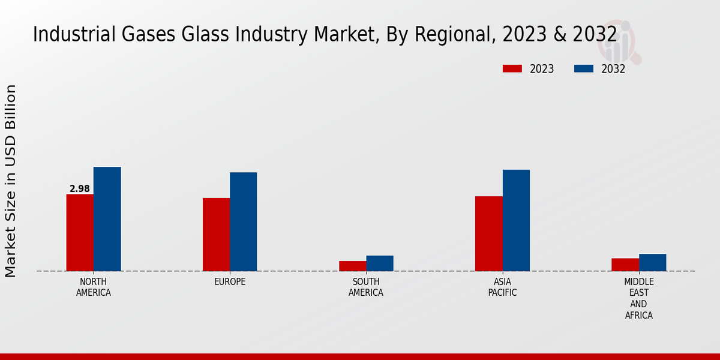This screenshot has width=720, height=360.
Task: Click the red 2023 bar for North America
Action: pyautogui.click(x=80, y=233)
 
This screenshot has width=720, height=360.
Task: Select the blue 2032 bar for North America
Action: pyautogui.click(x=107, y=219)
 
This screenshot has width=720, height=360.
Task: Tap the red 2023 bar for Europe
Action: pyautogui.click(x=216, y=235)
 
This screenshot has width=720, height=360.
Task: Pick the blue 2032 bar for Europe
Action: pyautogui.click(x=243, y=221)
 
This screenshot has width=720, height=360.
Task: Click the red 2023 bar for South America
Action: pyautogui.click(x=352, y=266)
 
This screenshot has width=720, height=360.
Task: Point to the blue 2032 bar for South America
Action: pyautogui.click(x=380, y=263)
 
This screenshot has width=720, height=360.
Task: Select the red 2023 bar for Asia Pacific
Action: pyautogui.click(x=488, y=233)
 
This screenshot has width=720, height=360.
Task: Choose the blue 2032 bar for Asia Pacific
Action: pyautogui.click(x=516, y=220)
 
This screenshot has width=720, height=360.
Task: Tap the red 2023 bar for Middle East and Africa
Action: pyautogui.click(x=625, y=265)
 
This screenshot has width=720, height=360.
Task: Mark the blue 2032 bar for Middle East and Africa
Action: pyautogui.click(x=652, y=262)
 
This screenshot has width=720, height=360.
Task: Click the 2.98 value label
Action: pyautogui.click(x=80, y=189)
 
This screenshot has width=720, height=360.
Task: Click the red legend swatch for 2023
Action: pyautogui.click(x=512, y=69)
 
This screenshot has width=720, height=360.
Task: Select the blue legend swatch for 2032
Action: pyautogui.click(x=584, y=69)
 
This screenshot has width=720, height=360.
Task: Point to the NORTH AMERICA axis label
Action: pyautogui.click(x=94, y=287)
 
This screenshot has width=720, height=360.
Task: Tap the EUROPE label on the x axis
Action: pyautogui.click(x=230, y=282)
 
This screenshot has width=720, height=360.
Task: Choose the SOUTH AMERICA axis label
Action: pyautogui.click(x=366, y=287)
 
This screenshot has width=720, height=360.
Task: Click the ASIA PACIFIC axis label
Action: pyautogui.click(x=502, y=287)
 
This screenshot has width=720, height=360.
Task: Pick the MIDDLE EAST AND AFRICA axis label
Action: pyautogui.click(x=638, y=299)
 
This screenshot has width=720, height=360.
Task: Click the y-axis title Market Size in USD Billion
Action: pyautogui.click(x=11, y=181)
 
